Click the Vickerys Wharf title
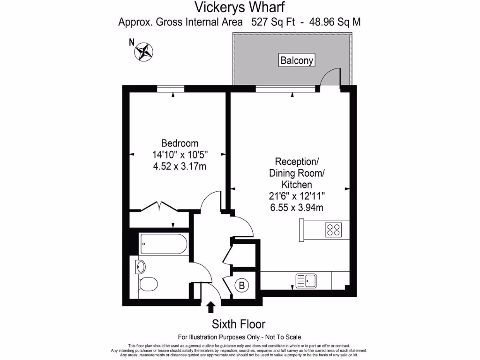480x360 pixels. (x=240, y=7)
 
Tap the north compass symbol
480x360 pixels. (x=144, y=52)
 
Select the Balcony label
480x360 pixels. (x=296, y=60)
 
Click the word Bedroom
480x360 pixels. (x=180, y=143)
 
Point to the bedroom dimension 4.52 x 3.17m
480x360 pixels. (x=180, y=166)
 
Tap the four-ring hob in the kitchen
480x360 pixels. (x=333, y=230)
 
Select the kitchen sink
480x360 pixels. (x=306, y=281)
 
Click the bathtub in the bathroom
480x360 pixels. (x=164, y=244)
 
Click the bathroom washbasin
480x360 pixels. (x=140, y=267)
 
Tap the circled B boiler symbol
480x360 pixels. (x=242, y=285)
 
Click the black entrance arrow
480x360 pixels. (x=211, y=307)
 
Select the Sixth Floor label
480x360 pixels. (x=239, y=324)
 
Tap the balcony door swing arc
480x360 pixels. (x=330, y=76)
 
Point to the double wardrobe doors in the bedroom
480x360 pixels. (x=159, y=206)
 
